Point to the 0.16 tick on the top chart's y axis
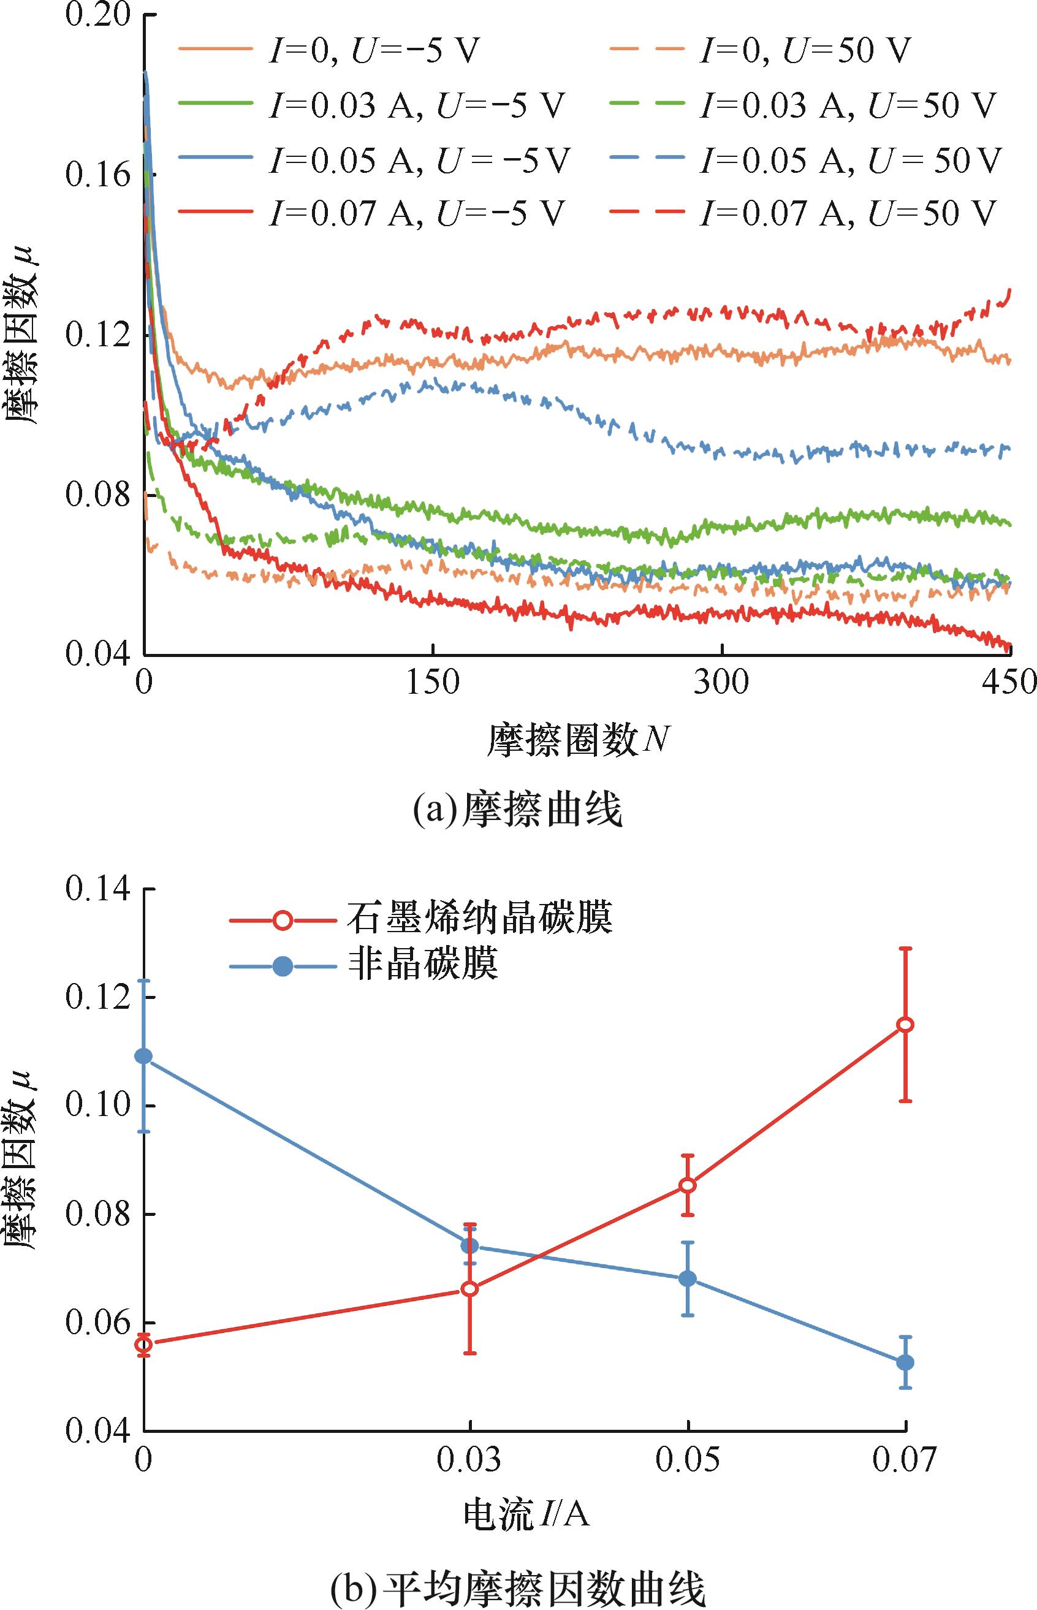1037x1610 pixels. click(x=98, y=175)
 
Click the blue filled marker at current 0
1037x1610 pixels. click(x=144, y=1055)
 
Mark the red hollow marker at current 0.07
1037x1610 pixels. click(x=906, y=1024)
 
